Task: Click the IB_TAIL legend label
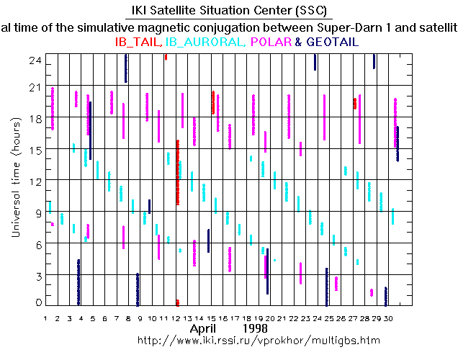tap(138, 42)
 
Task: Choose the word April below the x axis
tap(204, 328)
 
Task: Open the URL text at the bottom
tap(258, 340)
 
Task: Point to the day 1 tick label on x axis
tap(45, 317)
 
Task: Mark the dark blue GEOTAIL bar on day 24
tap(326, 287)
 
